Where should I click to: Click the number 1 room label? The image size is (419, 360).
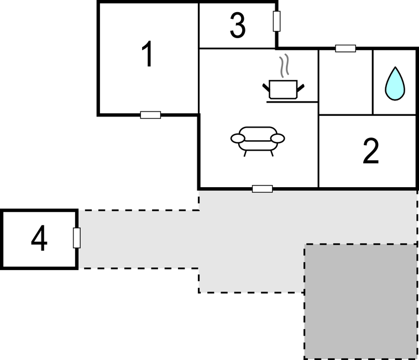pyautogui.click(x=147, y=54)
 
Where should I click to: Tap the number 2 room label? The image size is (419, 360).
pyautogui.click(x=371, y=151)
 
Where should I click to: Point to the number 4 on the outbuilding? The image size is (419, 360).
pyautogui.click(x=39, y=239)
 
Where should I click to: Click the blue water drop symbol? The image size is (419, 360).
pyautogui.click(x=395, y=84)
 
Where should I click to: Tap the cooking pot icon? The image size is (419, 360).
pyautogui.click(x=283, y=89)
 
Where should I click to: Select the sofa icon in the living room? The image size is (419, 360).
pyautogui.click(x=258, y=141)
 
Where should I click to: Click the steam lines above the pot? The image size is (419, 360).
pyautogui.click(x=284, y=66)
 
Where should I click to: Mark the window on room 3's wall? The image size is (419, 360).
pyautogui.click(x=276, y=21)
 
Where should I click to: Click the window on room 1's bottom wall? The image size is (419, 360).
pyautogui.click(x=150, y=115)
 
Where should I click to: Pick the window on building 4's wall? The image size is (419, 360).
pyautogui.click(x=77, y=238)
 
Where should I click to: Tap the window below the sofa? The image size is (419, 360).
pyautogui.click(x=263, y=189)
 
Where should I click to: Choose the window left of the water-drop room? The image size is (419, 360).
pyautogui.click(x=345, y=48)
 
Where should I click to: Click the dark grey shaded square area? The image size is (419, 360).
pyautogui.click(x=361, y=301)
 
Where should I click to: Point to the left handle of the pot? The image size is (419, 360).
pyautogui.click(x=266, y=88)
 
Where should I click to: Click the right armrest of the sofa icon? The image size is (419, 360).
pyautogui.click(x=277, y=139)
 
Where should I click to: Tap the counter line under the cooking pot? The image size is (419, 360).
pyautogui.click(x=292, y=102)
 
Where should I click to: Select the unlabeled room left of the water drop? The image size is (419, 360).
pyautogui.click(x=346, y=82)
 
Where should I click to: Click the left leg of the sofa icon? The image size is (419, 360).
pyautogui.click(x=245, y=153)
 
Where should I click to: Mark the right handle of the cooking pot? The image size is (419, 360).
pyautogui.click(x=301, y=88)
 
